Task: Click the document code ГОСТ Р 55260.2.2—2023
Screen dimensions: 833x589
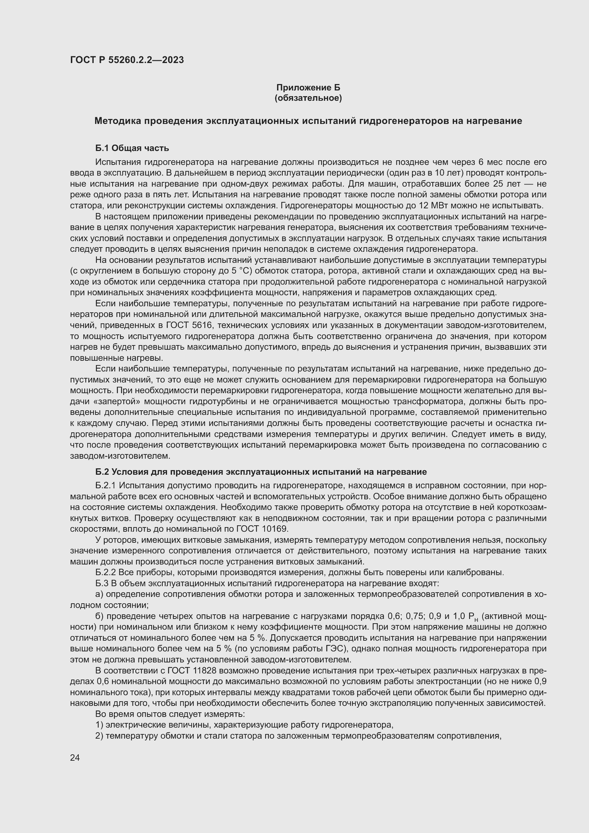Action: point(127,60)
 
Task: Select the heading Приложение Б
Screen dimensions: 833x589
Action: point(308,88)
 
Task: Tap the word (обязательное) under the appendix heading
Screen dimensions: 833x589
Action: point(308,98)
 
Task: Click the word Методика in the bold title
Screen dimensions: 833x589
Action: point(118,121)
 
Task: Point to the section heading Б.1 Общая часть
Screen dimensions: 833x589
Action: point(132,148)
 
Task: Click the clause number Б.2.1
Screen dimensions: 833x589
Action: point(105,486)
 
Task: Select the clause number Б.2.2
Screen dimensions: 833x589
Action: point(105,573)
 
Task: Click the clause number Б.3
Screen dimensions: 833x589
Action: point(101,583)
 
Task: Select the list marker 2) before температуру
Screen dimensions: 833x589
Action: point(99,736)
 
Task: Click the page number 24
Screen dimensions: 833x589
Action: point(75,757)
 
